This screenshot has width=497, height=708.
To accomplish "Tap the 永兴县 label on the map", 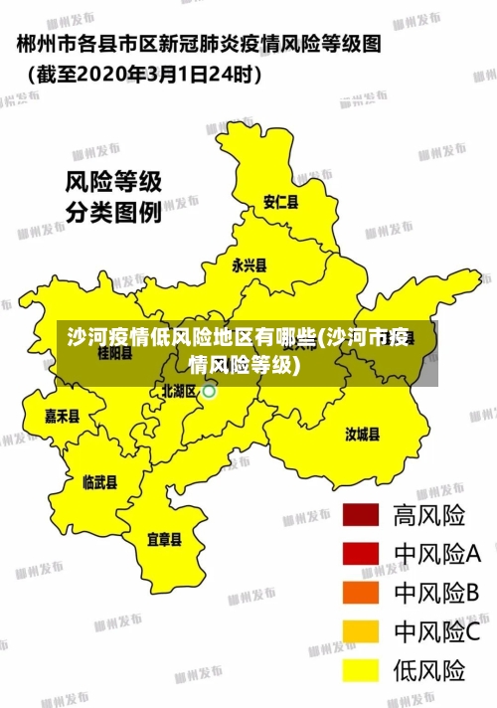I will point(249,265).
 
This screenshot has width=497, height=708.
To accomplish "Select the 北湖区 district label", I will point(179,391).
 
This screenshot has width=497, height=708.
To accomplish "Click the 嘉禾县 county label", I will point(62,416).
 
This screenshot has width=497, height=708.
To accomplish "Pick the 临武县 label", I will point(99,482).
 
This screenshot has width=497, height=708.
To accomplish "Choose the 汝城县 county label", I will point(363,434).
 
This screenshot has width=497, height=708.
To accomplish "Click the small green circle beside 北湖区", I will point(210,392).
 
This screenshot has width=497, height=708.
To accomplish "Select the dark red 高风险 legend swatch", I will point(361,515).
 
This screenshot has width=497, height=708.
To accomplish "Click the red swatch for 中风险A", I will point(361,554).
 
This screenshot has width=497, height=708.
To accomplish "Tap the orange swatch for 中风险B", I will point(361,593).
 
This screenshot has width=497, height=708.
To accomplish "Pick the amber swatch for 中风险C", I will point(361,631).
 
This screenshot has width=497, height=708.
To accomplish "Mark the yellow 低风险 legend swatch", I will point(361,670).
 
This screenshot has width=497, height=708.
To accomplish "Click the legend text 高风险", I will point(429,515).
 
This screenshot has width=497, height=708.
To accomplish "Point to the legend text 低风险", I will point(429,670).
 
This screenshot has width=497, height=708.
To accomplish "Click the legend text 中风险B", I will point(437,593).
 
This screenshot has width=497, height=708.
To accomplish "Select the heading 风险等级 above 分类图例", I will point(113,182).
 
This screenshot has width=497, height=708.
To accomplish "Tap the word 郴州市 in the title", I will point(46,44).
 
